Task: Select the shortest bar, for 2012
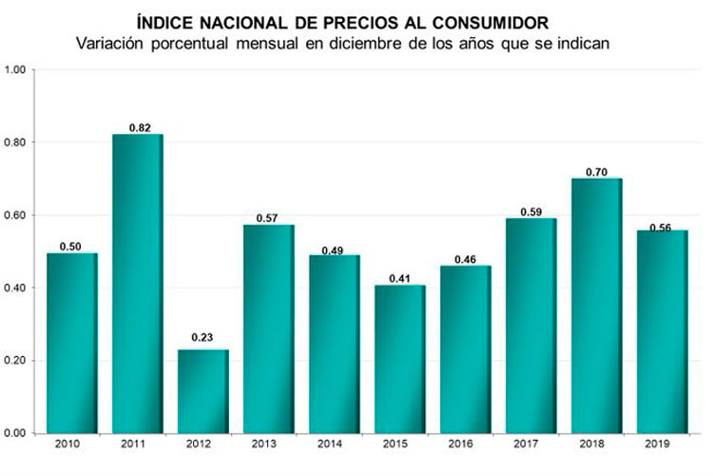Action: click(203, 391)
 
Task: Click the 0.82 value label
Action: click(139, 127)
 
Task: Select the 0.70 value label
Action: click(597, 170)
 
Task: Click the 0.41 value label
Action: click(400, 278)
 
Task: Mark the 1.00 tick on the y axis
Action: click(16, 69)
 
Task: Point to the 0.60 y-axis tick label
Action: click(16, 215)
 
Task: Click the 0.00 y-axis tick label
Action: click(16, 433)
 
